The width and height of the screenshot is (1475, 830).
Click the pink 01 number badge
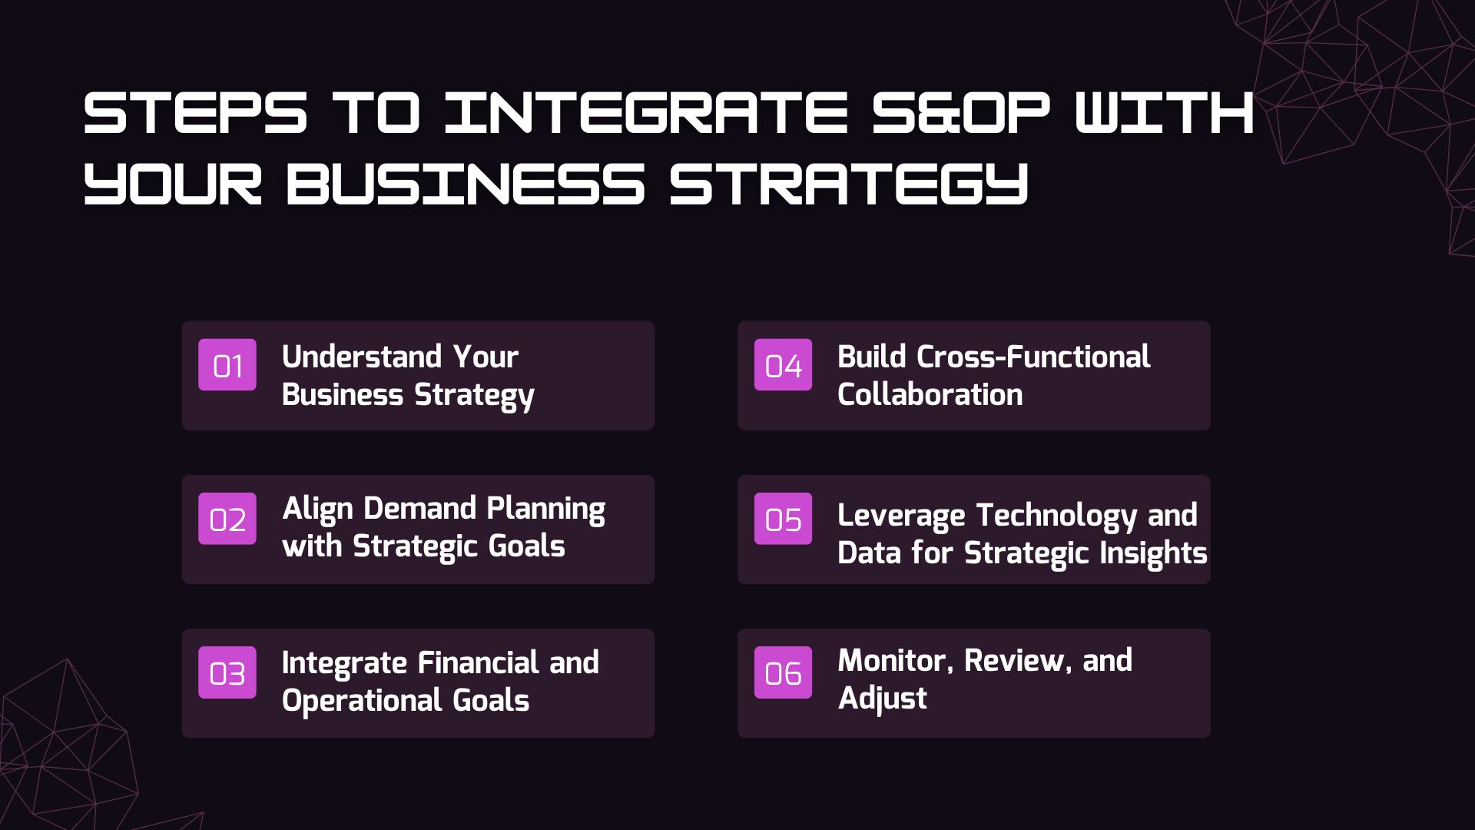pos(227,364)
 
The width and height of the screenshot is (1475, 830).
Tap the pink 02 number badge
pos(227,519)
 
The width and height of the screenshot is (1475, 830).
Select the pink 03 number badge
pos(227,672)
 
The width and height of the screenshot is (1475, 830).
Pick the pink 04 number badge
pos(783,364)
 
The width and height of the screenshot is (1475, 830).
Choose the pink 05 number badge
pos(783,519)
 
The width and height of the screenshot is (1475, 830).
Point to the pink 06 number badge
pos(783,672)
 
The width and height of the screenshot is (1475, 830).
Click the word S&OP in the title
pos(961,112)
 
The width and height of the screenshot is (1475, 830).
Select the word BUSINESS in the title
pos(465,184)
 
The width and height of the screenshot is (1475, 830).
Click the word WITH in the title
pos(1165,112)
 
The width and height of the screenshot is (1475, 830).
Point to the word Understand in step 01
pos(362,357)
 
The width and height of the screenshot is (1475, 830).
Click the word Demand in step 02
pos(419,508)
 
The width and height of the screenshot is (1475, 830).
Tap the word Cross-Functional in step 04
pos(1033,357)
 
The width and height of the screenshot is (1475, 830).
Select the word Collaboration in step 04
pos(930,394)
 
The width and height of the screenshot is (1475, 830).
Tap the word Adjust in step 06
pos(882,699)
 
